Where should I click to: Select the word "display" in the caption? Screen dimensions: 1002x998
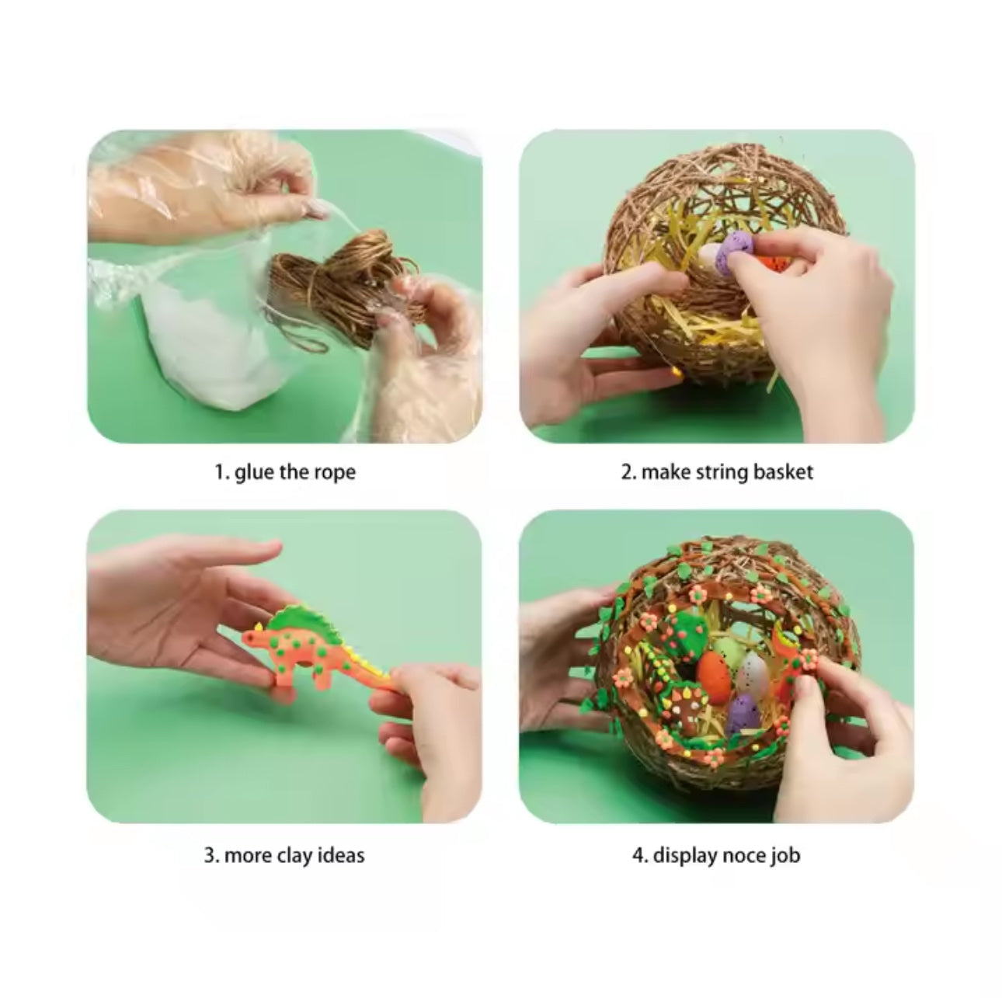[682, 856]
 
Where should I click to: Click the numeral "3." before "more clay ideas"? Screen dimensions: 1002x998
[211, 855]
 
